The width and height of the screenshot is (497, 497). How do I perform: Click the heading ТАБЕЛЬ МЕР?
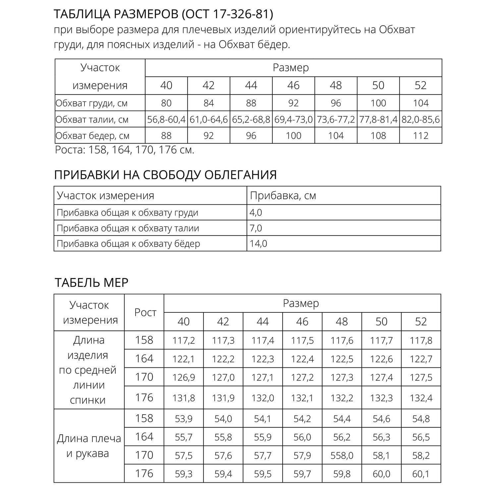tap(91, 283)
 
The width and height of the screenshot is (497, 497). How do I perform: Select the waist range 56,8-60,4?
tap(166, 119)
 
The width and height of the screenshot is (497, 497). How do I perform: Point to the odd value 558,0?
tap(342, 455)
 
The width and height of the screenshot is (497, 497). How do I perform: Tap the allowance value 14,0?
tap(258, 244)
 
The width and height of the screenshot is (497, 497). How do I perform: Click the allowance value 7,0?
tap(256, 228)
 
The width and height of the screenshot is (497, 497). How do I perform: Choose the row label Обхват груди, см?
tap(91, 103)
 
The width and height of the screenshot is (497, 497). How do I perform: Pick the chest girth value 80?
tap(166, 103)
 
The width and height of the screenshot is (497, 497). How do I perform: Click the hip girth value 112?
tap(421, 136)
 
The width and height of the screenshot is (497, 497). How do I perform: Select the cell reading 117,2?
tap(184, 340)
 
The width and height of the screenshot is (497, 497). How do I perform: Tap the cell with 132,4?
tap(421, 398)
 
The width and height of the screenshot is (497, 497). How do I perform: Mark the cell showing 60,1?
tap(421, 474)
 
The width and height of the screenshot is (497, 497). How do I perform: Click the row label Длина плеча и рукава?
tap(89, 446)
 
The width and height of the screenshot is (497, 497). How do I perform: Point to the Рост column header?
tap(145, 312)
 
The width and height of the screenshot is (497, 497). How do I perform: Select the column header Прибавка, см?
tap(283, 195)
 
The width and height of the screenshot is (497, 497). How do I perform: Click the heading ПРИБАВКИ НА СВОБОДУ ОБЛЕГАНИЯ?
tap(165, 175)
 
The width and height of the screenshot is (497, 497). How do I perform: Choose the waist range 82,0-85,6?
tap(421, 119)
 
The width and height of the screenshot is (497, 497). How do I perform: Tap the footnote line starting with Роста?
tap(125, 150)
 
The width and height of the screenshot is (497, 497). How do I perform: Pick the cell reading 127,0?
tap(223, 377)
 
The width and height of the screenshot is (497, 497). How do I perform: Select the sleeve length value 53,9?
tap(184, 419)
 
